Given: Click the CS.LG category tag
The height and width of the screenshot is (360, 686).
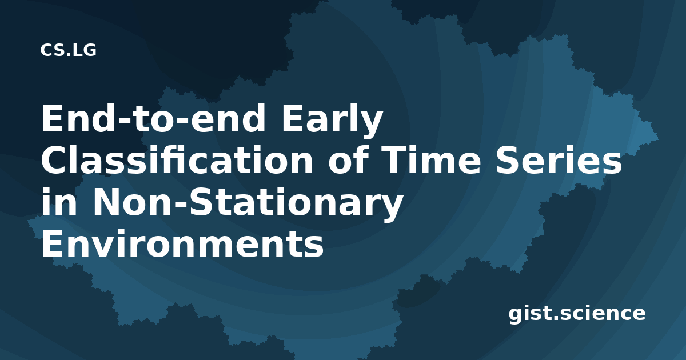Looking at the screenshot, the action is (68, 50).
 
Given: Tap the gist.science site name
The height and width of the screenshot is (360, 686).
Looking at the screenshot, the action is (577, 314).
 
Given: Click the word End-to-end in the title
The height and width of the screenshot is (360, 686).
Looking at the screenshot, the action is (153, 118).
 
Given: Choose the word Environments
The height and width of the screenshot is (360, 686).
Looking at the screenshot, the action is (182, 243).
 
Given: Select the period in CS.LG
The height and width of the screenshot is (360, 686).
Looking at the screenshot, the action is (68, 55).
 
